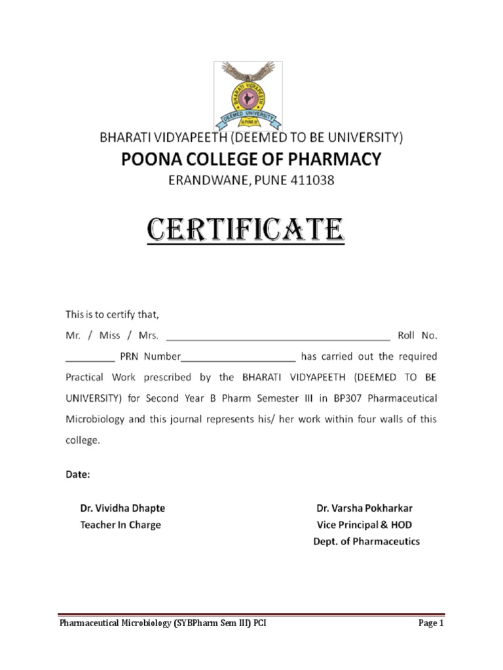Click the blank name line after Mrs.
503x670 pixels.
(278, 336)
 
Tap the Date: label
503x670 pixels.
(77, 475)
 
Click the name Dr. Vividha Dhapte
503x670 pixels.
(122, 508)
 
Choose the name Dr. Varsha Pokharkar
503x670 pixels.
(365, 508)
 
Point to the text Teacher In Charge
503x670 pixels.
(120, 525)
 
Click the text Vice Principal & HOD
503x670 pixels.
(364, 525)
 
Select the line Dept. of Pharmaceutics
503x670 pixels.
(365, 542)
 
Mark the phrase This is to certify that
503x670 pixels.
(112, 315)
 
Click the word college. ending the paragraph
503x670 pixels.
(83, 440)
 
